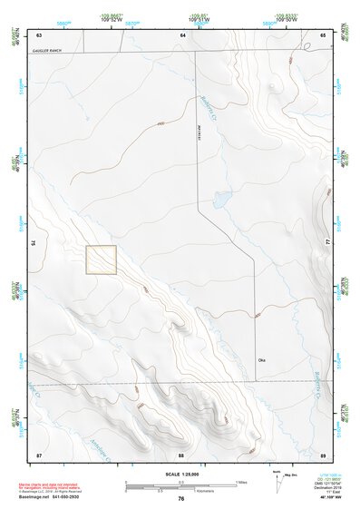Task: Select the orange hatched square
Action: [102, 259]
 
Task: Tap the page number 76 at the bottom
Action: [181, 498]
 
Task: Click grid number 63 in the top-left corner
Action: [39, 34]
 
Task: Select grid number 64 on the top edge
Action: [182, 34]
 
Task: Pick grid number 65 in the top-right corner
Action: [323, 34]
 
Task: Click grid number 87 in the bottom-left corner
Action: [39, 454]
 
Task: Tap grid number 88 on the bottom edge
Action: [181, 454]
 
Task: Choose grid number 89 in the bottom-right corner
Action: [323, 454]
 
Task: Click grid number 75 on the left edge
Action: [34, 243]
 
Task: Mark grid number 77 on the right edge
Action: [328, 243]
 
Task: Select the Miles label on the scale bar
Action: [242, 481]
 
